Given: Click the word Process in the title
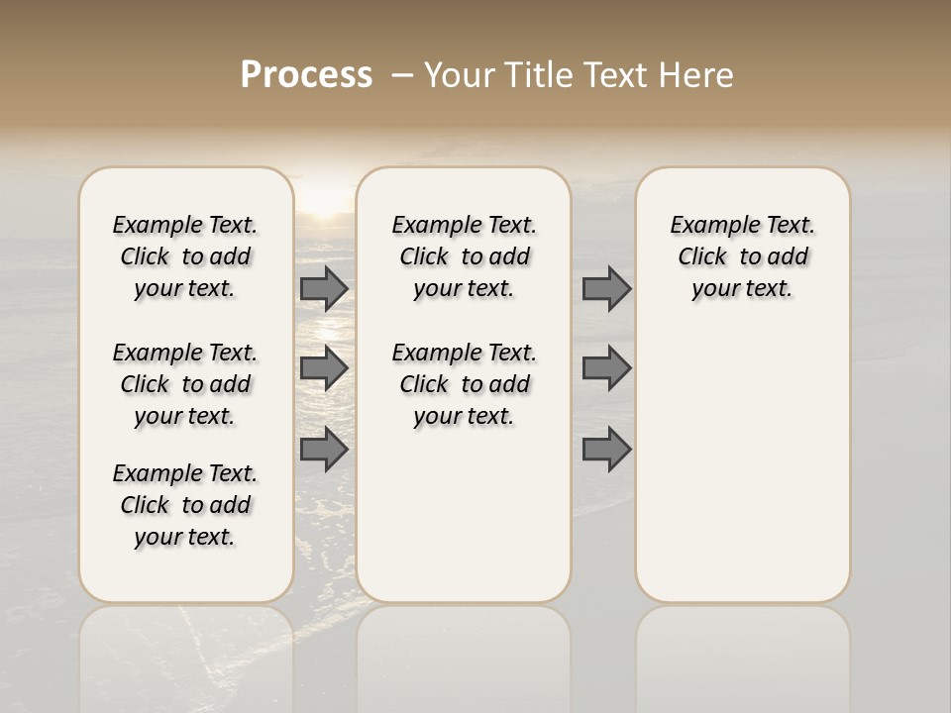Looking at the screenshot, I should click(x=306, y=75).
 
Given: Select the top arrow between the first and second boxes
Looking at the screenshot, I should click(x=324, y=288).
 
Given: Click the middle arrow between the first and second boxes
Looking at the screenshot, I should click(x=324, y=368).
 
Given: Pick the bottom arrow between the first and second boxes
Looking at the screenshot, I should click(x=324, y=449).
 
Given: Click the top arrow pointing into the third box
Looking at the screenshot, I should click(x=606, y=288).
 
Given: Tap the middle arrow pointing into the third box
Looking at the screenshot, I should click(x=606, y=368).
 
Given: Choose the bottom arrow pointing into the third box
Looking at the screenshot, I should click(x=606, y=449).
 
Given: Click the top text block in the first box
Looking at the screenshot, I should click(x=185, y=256).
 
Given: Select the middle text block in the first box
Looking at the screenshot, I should click(x=185, y=384).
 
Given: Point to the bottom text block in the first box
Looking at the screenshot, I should click(x=185, y=505).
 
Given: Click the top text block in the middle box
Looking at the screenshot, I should click(x=465, y=256).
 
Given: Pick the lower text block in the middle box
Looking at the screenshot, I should click(x=465, y=384).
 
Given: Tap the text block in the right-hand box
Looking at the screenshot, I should click(x=743, y=256).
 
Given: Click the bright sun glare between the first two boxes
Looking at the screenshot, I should click(x=324, y=203).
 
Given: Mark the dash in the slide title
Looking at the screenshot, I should click(x=402, y=75).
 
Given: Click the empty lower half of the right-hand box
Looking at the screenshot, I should click(x=743, y=475).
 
